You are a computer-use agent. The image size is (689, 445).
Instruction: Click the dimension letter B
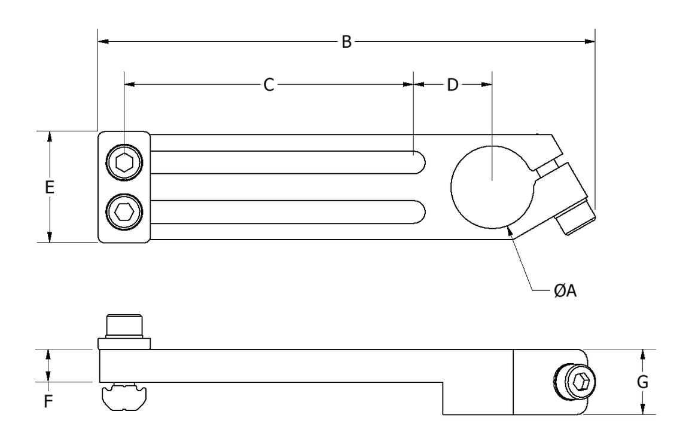[x=346, y=42]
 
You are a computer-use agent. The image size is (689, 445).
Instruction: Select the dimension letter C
[x=269, y=84]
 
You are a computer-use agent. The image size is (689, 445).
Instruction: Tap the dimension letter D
[x=453, y=84]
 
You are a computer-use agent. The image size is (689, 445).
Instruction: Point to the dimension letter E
[x=50, y=187]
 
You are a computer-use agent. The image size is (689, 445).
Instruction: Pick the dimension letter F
[x=48, y=401]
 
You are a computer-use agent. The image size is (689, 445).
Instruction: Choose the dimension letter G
[x=642, y=382]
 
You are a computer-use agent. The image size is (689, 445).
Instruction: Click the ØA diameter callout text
[x=565, y=290]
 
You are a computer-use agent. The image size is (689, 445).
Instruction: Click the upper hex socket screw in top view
[x=124, y=162]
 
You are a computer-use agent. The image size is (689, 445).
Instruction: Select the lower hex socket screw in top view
[x=124, y=212]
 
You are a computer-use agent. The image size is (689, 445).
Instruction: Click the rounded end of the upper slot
[x=420, y=162]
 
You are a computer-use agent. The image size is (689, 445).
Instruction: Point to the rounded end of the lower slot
[x=420, y=212]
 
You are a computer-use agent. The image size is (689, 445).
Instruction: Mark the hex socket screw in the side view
[x=575, y=381]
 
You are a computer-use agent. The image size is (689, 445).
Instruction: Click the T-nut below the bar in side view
[x=124, y=397]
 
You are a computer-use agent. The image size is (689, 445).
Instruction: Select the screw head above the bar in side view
[x=124, y=332]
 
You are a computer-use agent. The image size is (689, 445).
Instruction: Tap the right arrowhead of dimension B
[x=590, y=42]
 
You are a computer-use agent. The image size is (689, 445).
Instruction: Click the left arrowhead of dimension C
[x=130, y=84]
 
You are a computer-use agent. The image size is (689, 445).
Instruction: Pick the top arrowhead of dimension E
[x=50, y=136]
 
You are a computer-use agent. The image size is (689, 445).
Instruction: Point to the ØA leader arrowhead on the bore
[x=510, y=230]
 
